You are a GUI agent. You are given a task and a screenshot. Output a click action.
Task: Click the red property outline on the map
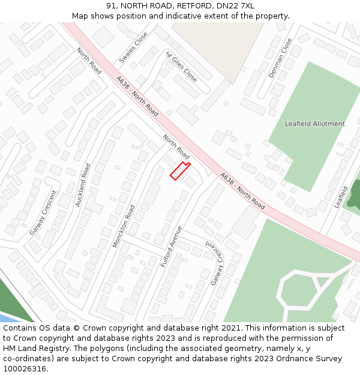[x=179, y=171]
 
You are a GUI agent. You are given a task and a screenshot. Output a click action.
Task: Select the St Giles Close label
[x=181, y=67]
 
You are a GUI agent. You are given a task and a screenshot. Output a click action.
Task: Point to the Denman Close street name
[x=280, y=58]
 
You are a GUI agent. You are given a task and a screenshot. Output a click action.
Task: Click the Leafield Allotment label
[x=314, y=124]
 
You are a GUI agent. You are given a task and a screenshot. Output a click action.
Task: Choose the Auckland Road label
[x=83, y=185]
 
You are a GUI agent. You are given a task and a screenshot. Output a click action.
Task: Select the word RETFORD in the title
[x=192, y=5]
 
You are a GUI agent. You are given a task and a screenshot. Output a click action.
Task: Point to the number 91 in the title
[x=111, y=5]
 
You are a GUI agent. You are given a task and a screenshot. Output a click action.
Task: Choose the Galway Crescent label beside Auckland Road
[x=43, y=212]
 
